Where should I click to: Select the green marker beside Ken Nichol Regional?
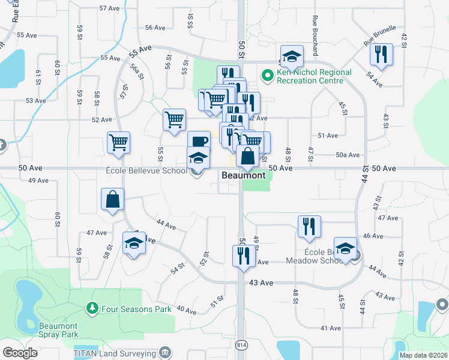(267, 76)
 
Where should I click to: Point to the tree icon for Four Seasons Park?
(92, 308)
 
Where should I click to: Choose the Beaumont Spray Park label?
(59, 330)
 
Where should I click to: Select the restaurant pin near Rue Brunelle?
(381, 55)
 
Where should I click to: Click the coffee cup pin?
(199, 142)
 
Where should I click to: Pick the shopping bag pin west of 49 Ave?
(112, 200)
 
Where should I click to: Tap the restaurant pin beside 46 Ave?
(309, 227)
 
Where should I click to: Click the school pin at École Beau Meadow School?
(345, 248)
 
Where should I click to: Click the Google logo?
(20, 352)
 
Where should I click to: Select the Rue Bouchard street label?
(315, 29)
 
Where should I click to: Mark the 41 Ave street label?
(331, 328)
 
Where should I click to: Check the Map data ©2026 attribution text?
(423, 355)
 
